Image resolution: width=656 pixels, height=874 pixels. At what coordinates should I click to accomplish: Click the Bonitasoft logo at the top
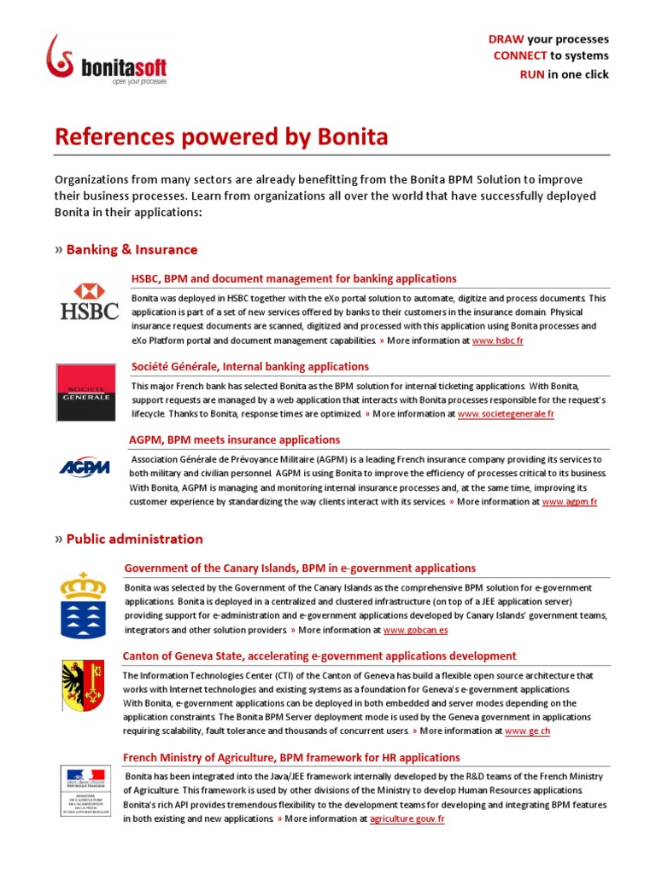[107, 61]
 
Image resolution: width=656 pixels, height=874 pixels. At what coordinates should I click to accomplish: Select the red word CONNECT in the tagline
[519, 56]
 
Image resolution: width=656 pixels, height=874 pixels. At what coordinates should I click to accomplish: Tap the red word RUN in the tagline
[532, 74]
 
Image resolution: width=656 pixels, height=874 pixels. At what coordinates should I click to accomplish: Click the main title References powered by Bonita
[221, 137]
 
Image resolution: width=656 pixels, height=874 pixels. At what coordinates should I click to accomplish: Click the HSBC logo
[89, 301]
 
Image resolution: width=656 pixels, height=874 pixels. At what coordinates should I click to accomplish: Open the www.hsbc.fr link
[497, 341]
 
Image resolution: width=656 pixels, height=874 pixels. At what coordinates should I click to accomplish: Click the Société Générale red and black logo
[83, 393]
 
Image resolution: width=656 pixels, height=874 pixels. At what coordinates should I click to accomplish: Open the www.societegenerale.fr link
[506, 414]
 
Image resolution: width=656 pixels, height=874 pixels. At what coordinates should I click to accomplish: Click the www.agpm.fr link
[569, 503]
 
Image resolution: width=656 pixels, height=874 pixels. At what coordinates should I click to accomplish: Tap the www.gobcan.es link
[415, 631]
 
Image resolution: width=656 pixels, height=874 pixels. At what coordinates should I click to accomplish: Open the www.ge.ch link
[527, 731]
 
